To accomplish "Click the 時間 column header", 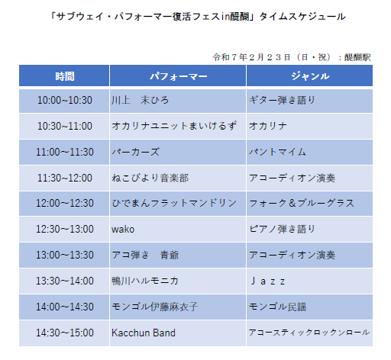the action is point(65,76).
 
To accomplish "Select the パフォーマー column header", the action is point(178,76).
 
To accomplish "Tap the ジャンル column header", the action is point(310,76).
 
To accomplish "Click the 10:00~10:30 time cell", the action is point(65,100).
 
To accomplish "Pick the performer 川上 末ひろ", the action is point(141,100).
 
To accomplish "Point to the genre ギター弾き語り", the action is point(282,100).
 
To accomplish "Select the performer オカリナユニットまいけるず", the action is point(174,126).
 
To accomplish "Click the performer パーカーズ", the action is point(136,152).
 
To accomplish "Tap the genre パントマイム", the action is point(277,152).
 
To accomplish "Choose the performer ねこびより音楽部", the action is point(150,178).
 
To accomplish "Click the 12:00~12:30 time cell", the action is point(65,203).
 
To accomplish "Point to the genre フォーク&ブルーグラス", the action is point(302,203).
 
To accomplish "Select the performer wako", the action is point(123,230).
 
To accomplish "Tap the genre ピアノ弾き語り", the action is point(282,229).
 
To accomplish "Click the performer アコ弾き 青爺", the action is point(145,255).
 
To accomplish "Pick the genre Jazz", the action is point(267,281).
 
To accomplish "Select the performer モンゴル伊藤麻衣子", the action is point(155,307).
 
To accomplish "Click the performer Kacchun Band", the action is point(144,333).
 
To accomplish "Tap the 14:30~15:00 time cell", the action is point(65,333).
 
